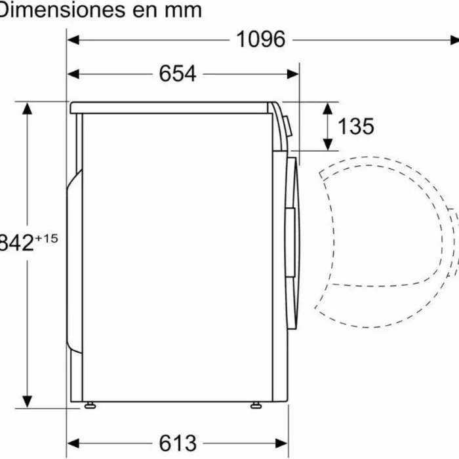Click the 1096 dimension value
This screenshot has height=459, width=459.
coord(261,39)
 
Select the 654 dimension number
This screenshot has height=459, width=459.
coord(177,73)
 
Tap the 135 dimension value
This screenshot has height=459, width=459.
coord(355,126)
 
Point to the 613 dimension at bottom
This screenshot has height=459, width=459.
coord(177,443)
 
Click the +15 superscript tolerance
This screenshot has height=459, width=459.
coord(47,239)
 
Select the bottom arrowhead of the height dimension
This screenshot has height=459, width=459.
coord(27,401)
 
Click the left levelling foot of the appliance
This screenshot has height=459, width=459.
coord(89,405)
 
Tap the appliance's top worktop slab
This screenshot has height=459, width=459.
coord(170,108)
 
